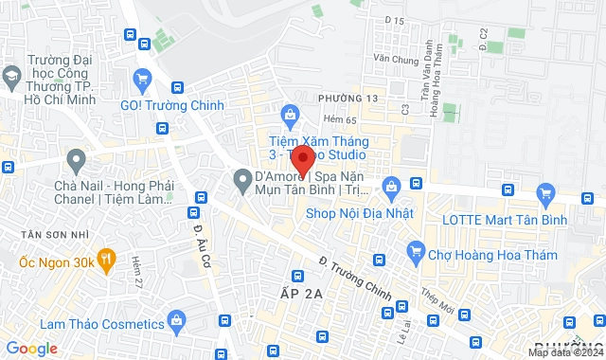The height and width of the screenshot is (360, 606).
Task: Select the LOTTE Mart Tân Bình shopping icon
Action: click(544, 196)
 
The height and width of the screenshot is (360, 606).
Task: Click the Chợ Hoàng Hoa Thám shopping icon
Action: click(414, 251)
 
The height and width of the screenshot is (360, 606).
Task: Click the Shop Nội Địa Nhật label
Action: click(360, 213)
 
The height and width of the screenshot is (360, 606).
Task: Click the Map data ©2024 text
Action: click(564, 352)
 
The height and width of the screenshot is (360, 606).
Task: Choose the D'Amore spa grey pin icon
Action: click(241, 177)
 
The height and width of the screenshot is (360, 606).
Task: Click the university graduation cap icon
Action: click(12, 75)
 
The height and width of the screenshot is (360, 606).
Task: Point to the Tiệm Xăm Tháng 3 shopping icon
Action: click(291, 116)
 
